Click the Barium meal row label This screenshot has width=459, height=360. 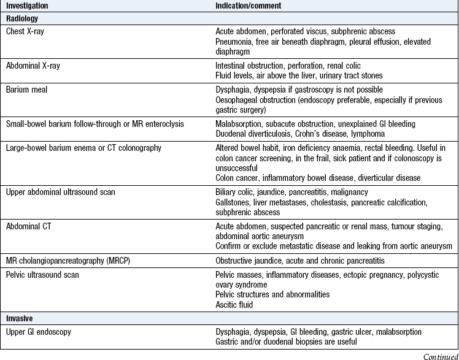[26, 89]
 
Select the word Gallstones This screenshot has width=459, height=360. [234, 202]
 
